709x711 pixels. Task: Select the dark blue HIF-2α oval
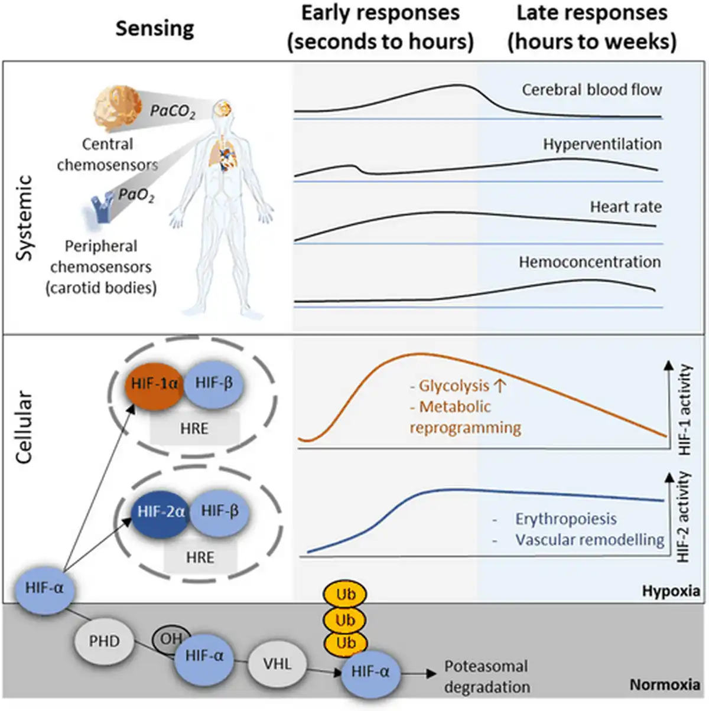(x=160, y=511)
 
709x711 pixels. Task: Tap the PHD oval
(x=104, y=641)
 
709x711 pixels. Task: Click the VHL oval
(x=277, y=664)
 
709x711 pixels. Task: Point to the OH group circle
(x=170, y=638)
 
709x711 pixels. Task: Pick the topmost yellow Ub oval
(x=345, y=594)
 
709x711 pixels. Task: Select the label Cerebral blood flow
(x=591, y=90)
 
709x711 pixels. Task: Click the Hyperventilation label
(x=602, y=144)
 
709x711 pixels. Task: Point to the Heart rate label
(x=625, y=207)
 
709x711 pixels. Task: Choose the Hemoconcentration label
(x=590, y=262)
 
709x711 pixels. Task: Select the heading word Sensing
(x=155, y=28)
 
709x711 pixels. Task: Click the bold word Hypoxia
(x=671, y=591)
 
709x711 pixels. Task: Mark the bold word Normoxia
(x=665, y=685)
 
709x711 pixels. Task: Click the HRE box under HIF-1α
(x=194, y=428)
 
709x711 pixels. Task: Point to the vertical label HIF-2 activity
(x=684, y=516)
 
